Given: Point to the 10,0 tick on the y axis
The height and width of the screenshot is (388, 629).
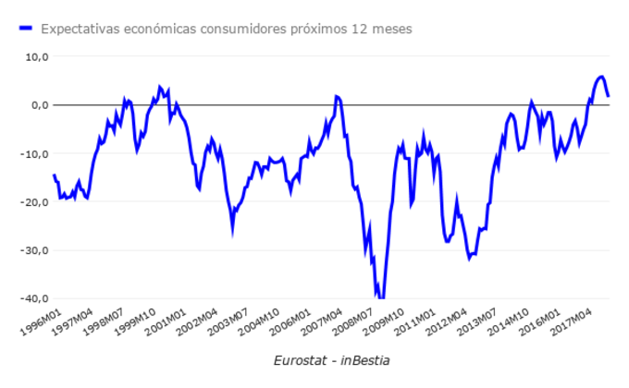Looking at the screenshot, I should [35, 56].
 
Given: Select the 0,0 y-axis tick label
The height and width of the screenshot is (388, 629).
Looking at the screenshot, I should [37, 104].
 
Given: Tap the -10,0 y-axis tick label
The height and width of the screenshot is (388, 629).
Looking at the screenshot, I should [33, 153].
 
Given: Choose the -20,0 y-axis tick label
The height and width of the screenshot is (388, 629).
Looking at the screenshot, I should [33, 201].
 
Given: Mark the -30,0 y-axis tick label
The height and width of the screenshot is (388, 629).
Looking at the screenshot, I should [33, 250].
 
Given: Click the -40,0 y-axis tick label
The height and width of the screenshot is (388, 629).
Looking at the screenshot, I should [33, 298].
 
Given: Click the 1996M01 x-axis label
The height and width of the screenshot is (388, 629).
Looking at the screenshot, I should [42, 322].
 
